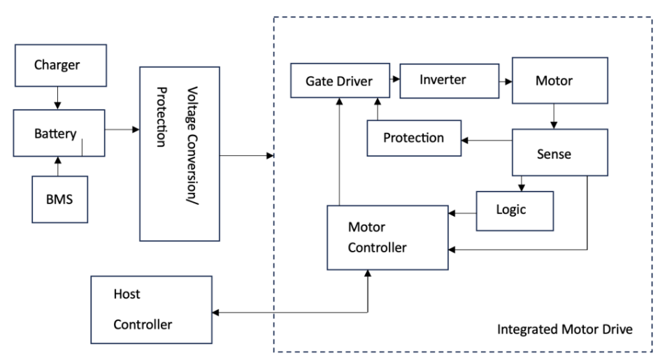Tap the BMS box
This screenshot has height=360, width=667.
pyautogui.click(x=59, y=199)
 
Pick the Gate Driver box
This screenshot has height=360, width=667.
pyautogui.click(x=339, y=82)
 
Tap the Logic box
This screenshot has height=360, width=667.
pyautogui.click(x=515, y=210)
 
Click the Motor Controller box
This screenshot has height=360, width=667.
pyautogui.click(x=387, y=238)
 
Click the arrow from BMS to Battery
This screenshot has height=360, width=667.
pyautogui.click(x=59, y=166)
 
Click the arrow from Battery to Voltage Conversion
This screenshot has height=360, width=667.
pyautogui.click(x=122, y=129)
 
